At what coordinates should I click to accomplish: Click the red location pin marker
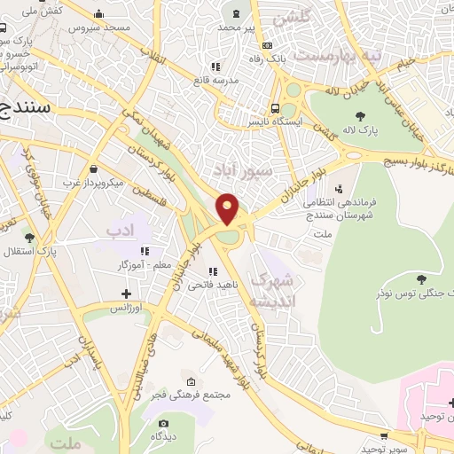228,207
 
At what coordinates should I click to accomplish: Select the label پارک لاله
362,130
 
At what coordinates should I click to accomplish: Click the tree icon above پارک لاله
359,115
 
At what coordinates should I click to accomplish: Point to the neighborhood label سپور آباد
236,168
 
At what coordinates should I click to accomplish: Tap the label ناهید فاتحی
212,284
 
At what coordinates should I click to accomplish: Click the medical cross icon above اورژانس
126,294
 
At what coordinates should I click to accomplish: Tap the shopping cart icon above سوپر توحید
383,436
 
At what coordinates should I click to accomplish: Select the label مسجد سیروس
98,27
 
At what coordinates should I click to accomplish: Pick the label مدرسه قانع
215,80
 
